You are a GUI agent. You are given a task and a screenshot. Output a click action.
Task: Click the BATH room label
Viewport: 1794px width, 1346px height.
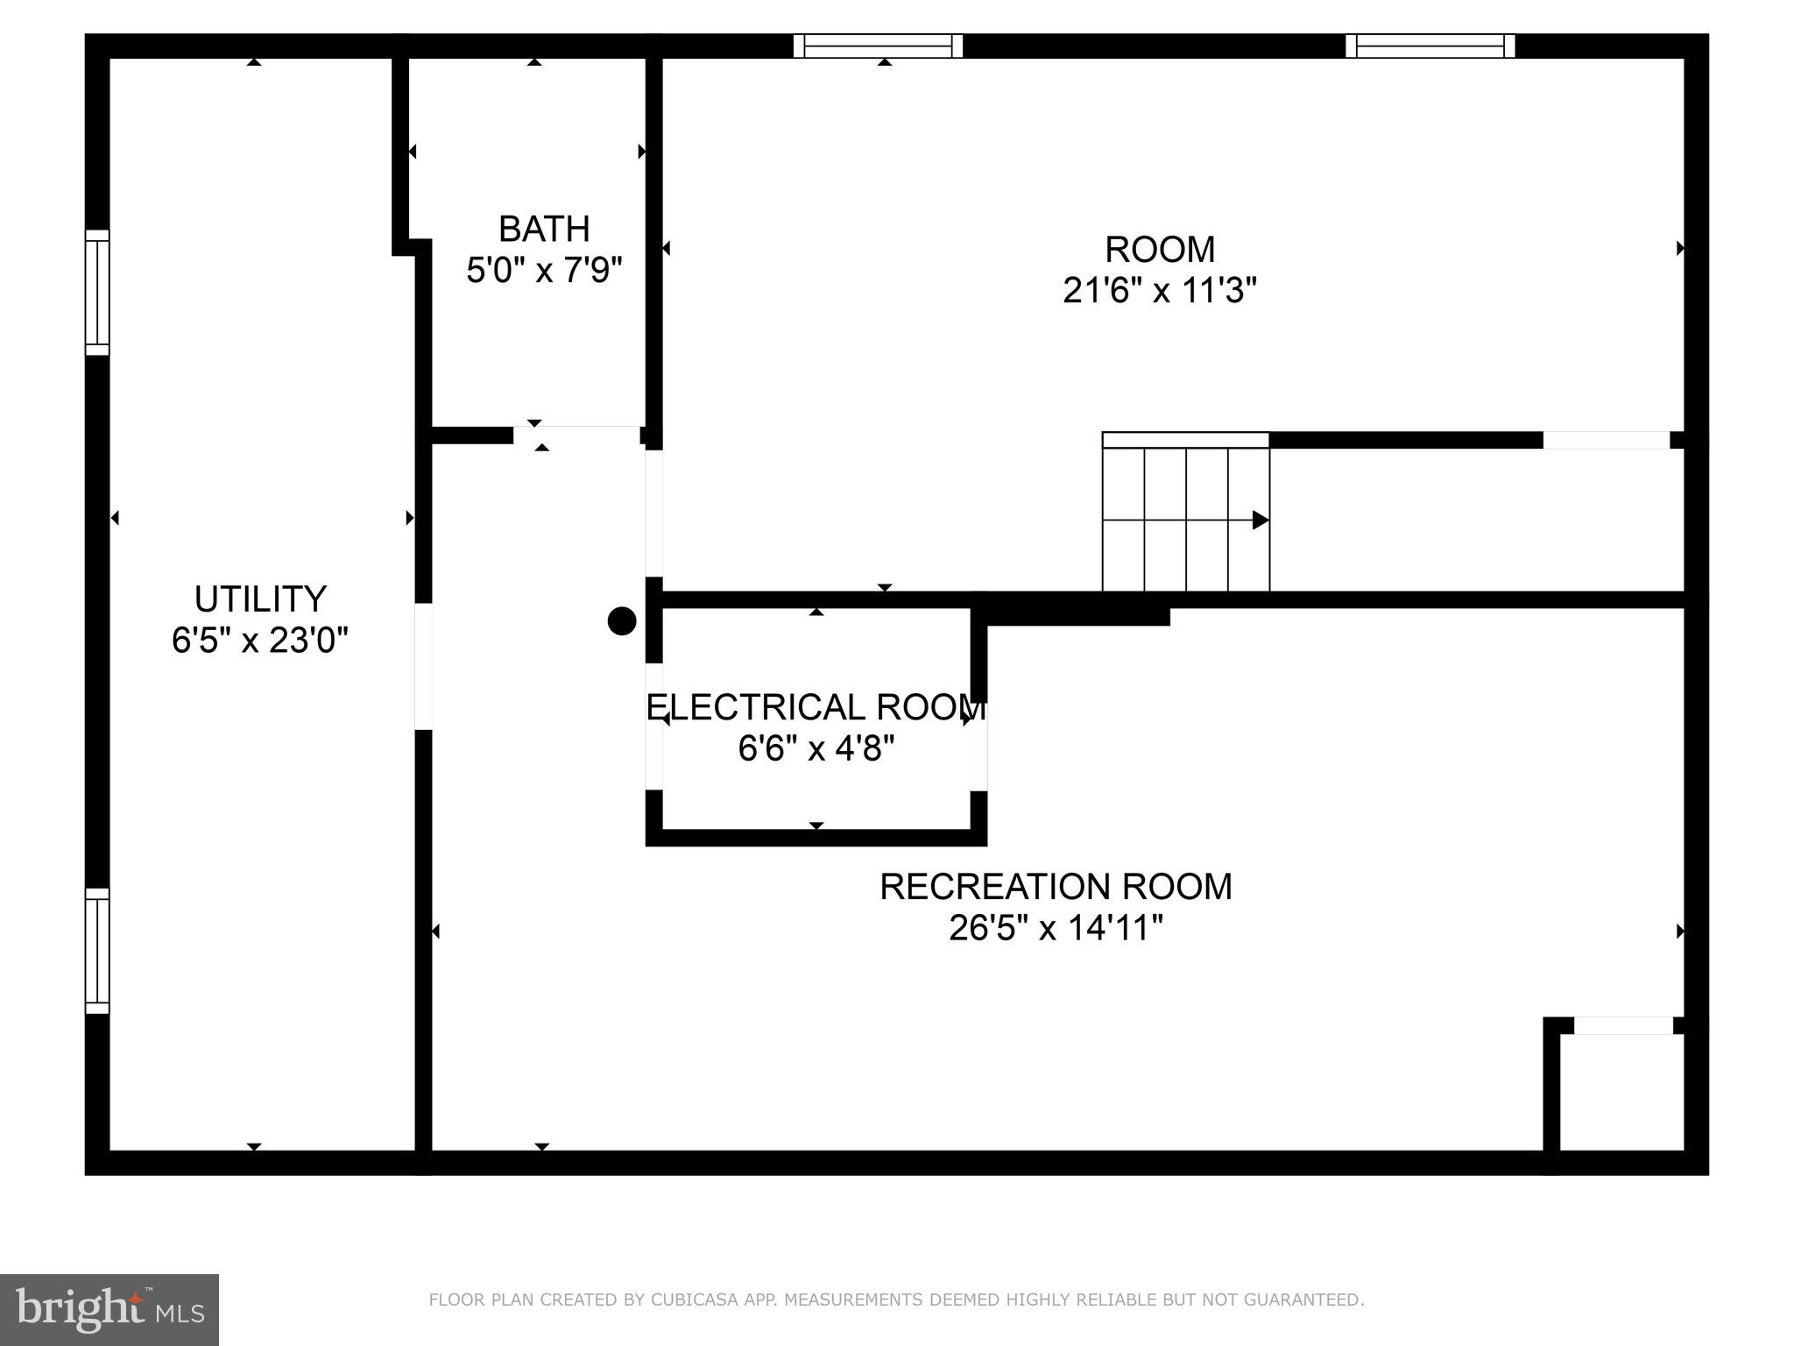[x=544, y=230]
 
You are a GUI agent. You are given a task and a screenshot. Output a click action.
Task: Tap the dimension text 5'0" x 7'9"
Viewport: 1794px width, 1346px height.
[x=544, y=270]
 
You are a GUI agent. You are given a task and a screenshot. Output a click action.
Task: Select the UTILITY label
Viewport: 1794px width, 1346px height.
[x=260, y=599]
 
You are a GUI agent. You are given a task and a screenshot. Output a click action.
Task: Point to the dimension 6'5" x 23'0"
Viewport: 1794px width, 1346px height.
[x=260, y=641]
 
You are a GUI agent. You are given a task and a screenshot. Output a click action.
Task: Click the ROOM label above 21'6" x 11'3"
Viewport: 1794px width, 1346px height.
[x=1160, y=250]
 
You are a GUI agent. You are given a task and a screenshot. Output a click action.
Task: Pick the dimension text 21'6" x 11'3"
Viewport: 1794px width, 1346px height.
[x=1160, y=290]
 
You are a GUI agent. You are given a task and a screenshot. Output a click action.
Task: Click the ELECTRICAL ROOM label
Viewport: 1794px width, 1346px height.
[x=816, y=707]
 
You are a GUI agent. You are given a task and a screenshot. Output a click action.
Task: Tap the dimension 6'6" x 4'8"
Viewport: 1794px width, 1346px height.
[x=816, y=748]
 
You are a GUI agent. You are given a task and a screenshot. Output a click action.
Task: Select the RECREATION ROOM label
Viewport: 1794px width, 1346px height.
[x=1056, y=887]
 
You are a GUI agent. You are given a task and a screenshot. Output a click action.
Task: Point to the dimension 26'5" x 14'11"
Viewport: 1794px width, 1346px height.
[x=1056, y=927]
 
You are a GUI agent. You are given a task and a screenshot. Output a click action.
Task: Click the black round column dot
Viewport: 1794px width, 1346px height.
[x=622, y=621]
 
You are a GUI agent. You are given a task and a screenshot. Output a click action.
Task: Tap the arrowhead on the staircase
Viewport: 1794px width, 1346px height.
[x=1261, y=521]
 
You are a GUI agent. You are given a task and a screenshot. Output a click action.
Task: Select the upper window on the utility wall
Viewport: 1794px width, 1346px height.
[x=97, y=293]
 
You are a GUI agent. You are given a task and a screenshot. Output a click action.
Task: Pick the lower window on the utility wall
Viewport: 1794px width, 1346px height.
[x=97, y=951]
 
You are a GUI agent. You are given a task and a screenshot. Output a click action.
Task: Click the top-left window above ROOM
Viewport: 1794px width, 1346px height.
[x=878, y=46]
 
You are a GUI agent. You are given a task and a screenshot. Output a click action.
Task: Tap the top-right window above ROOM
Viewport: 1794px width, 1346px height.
[x=1430, y=46]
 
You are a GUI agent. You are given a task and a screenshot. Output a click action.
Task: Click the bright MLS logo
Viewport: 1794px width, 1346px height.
[x=109, y=1310]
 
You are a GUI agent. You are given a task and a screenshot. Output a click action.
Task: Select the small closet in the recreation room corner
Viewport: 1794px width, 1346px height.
[x=1621, y=1092]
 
